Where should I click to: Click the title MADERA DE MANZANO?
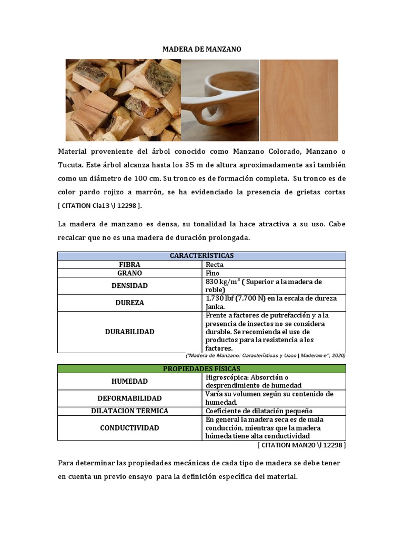click(201, 49)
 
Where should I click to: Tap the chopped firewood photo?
click(123, 100)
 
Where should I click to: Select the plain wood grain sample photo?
click(299, 100)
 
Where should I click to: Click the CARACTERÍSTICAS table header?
click(201, 256)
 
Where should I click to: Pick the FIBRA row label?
click(129, 265)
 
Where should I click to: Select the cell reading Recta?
click(215, 265)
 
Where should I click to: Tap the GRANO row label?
click(129, 273)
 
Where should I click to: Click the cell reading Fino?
click(213, 273)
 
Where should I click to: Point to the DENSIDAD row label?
click(129, 286)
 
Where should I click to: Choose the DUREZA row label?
click(129, 303)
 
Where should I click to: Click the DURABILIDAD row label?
click(129, 332)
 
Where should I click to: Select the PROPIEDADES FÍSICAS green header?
click(201, 368)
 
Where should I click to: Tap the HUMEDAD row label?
click(129, 381)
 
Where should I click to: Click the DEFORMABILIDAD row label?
click(129, 398)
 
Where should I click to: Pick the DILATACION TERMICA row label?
click(129, 411)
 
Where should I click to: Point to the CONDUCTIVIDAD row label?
click(129, 428)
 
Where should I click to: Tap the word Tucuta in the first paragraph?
click(70, 165)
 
